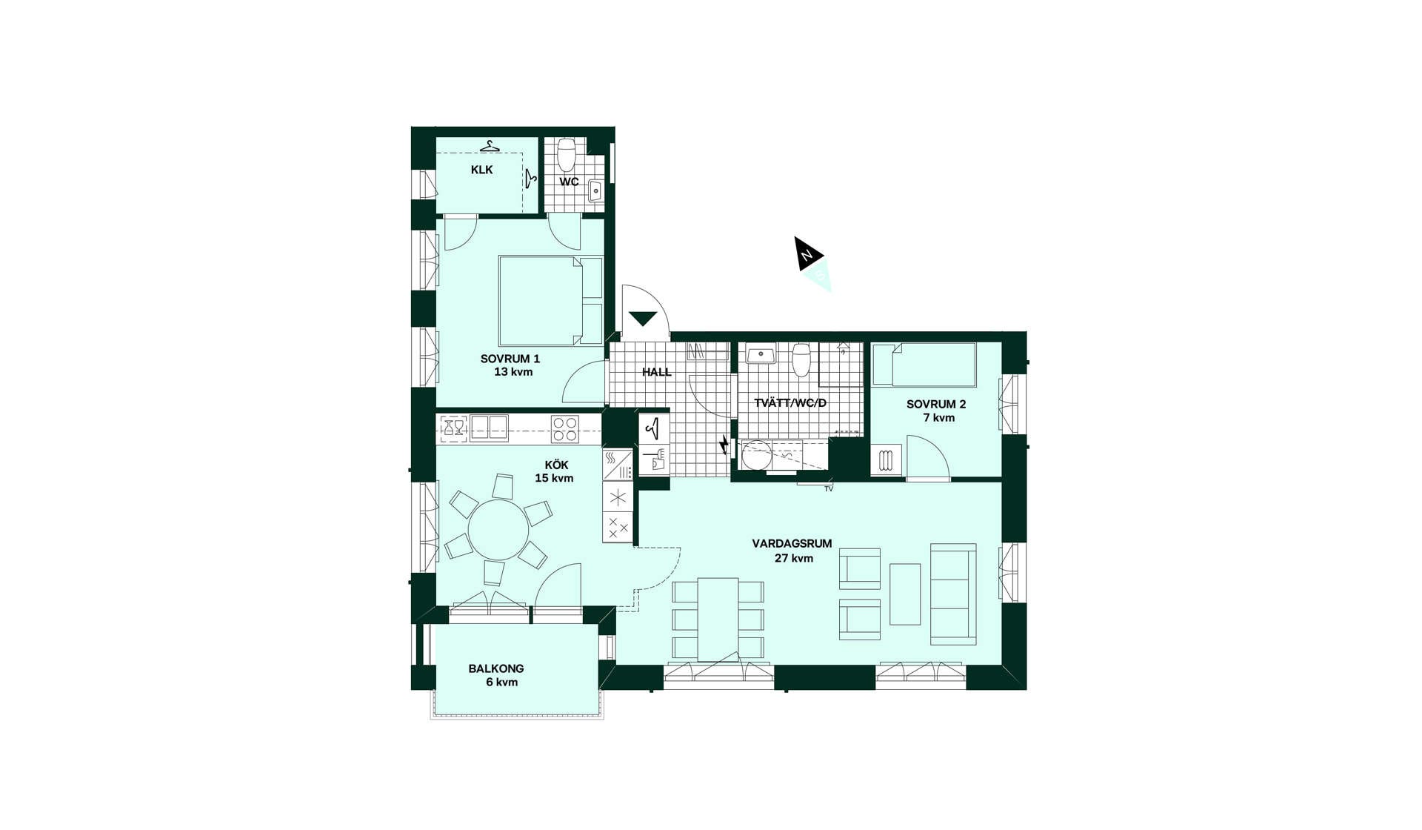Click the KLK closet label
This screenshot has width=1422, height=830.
[x=481, y=170]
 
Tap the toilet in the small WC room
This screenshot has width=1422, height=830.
[x=567, y=154]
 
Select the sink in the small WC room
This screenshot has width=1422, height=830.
[x=595, y=190]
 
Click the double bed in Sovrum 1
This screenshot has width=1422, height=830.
[x=551, y=300]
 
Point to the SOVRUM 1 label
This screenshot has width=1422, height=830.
[x=510, y=359]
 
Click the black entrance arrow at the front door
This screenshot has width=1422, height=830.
[x=642, y=319]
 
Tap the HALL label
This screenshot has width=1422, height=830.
[x=657, y=372]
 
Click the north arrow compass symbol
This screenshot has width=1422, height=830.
[x=813, y=263]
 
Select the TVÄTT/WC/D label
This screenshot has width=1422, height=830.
[x=790, y=403]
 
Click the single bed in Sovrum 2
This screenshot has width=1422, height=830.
[x=924, y=364]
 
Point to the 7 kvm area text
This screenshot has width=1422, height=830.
[x=938, y=418]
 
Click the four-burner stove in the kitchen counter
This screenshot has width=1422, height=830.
[x=565, y=429]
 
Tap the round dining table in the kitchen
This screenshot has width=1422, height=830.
[x=498, y=530]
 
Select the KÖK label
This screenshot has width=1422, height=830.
[x=556, y=465]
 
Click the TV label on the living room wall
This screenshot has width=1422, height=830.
[x=829, y=489]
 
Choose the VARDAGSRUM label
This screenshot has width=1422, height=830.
[x=792, y=543]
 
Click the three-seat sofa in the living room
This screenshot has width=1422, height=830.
[x=953, y=594]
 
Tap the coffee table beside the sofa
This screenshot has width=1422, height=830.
[x=905, y=594]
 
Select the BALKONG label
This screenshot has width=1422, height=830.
[x=496, y=668]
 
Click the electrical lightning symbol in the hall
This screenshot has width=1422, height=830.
[x=724, y=445]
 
